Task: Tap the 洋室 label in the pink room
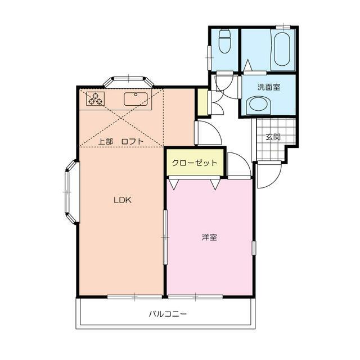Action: coord(209,237)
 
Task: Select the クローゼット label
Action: coord(195,163)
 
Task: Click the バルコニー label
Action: coord(168,314)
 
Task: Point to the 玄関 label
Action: coord(273,137)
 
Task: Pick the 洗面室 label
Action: coord(269,87)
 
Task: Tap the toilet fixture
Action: coord(224,40)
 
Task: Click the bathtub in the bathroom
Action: coord(281,49)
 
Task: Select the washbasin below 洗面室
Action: coord(259,105)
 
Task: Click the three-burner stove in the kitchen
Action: coord(95,99)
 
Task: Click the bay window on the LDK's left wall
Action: coord(70,192)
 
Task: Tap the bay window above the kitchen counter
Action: coord(129,79)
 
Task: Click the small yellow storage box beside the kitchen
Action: coord(202,102)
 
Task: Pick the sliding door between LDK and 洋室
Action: coord(165,237)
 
